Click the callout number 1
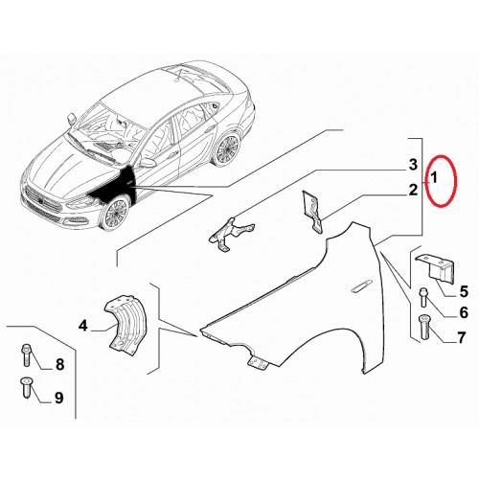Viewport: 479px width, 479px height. click(433, 178)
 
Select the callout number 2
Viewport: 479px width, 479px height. click(413, 190)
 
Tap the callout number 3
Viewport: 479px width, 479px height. click(413, 165)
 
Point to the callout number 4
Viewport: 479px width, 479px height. click(83, 326)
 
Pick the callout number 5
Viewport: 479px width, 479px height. click(464, 291)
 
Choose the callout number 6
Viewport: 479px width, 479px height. click(464, 312)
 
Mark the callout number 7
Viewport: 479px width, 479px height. click(461, 337)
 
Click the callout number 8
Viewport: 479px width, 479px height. click(59, 364)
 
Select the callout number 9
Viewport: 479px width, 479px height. click(58, 398)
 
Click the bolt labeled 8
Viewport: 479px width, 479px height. click(27, 354)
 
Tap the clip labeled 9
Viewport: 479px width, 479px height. click(26, 388)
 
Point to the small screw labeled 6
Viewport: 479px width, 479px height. click(423, 297)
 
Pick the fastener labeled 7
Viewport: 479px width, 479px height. click(423, 328)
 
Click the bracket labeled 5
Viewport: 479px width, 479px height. click(436, 268)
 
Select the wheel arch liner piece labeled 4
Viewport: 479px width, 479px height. click(125, 323)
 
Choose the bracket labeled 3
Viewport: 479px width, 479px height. click(231, 234)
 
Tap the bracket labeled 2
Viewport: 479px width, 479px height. click(312, 211)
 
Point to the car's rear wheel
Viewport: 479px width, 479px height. click(228, 148)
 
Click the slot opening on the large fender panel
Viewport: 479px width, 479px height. click(361, 286)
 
